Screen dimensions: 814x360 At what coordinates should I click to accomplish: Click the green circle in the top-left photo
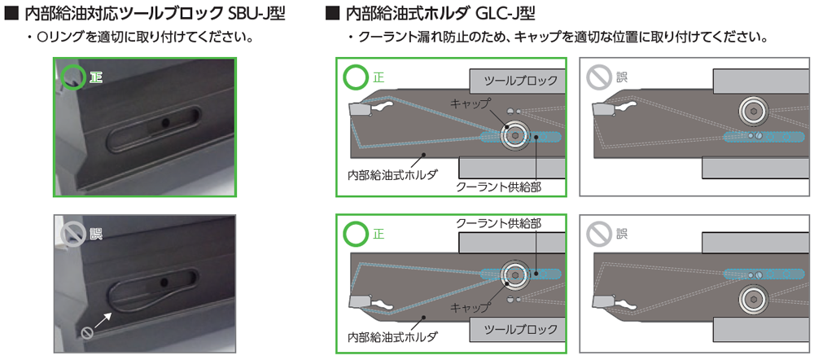pyautogui.click(x=72, y=77)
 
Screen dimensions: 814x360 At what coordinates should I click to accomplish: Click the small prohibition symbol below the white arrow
pyautogui.click(x=87, y=333)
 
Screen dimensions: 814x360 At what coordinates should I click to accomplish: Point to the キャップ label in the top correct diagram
pyautogui.click(x=470, y=104)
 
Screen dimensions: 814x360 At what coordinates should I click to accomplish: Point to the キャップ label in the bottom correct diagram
pyautogui.click(x=470, y=307)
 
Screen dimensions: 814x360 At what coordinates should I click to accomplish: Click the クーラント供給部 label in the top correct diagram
pyautogui.click(x=498, y=187)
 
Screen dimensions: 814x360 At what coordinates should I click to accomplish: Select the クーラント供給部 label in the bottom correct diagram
pyautogui.click(x=498, y=224)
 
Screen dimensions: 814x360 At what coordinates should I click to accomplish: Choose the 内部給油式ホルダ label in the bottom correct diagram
pyautogui.click(x=392, y=336)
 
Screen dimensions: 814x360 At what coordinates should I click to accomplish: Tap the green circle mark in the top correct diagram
pyautogui.click(x=355, y=78)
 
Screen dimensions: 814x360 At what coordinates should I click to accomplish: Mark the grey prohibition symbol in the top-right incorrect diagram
pyautogui.click(x=598, y=78)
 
